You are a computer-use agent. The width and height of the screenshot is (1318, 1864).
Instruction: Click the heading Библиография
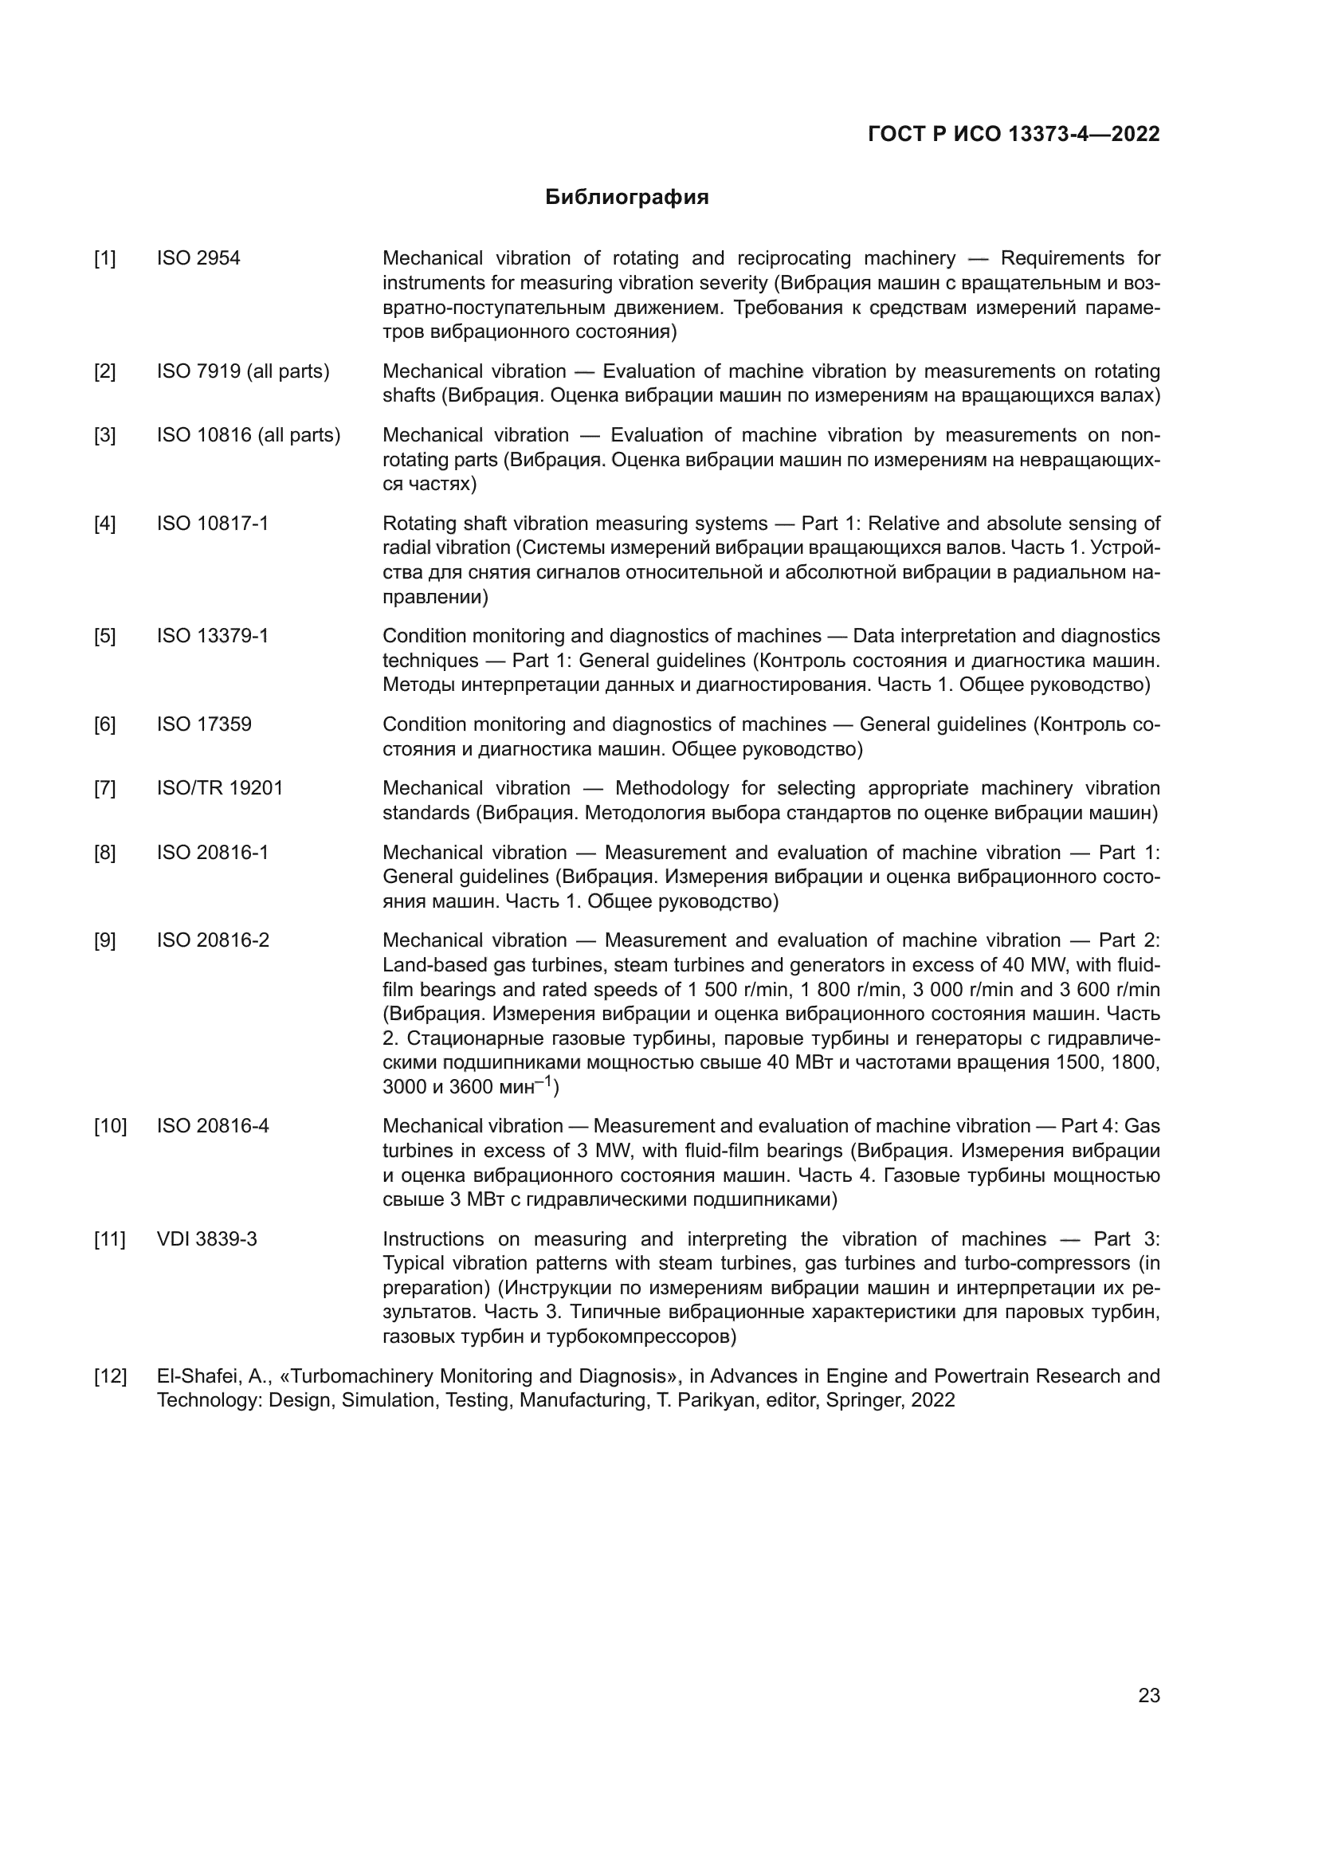click(626, 198)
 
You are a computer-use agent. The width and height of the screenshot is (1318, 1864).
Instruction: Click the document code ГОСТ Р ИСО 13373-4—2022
click(1014, 135)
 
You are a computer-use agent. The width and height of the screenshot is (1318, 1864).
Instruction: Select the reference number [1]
click(104, 259)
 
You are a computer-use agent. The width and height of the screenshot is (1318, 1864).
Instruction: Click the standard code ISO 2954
click(199, 259)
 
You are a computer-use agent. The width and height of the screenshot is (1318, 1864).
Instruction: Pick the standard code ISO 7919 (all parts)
click(244, 372)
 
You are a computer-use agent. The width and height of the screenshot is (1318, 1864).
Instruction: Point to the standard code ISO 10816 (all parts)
click(249, 436)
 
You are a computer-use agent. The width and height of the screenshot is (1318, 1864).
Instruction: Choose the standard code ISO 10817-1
click(213, 524)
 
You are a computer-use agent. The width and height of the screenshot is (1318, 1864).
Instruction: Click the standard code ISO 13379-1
click(213, 636)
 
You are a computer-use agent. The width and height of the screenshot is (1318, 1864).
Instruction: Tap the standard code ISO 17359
click(205, 724)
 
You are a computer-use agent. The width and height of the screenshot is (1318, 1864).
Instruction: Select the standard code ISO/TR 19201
click(220, 788)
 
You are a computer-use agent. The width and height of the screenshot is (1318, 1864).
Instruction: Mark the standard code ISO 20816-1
click(213, 853)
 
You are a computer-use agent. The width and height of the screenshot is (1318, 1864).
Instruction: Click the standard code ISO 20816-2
click(213, 941)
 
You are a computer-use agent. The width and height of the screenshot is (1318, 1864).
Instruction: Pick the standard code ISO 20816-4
click(213, 1127)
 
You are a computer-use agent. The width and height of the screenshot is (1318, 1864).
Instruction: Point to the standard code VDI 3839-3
click(207, 1240)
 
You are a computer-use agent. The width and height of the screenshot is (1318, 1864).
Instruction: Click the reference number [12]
click(111, 1377)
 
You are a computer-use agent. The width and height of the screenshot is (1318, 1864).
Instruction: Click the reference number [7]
click(104, 788)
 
